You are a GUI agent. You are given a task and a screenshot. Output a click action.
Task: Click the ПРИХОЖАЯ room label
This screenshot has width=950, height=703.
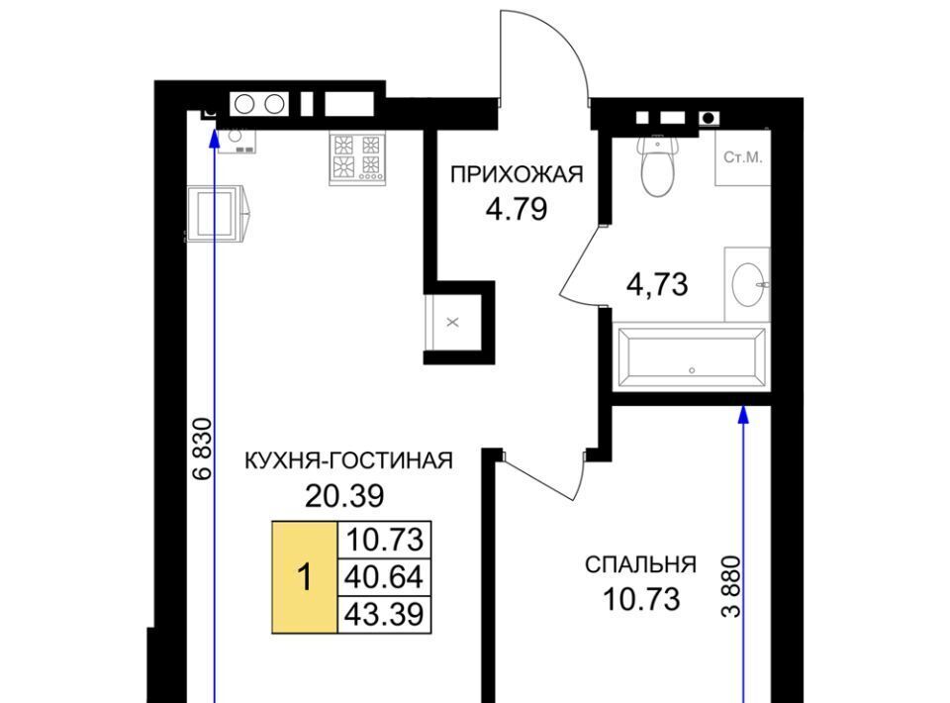[x=517, y=174]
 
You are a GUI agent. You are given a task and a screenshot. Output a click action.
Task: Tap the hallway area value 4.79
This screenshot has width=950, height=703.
[x=517, y=210]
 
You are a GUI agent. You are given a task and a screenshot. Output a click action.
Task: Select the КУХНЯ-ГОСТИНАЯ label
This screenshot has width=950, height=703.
[x=348, y=460]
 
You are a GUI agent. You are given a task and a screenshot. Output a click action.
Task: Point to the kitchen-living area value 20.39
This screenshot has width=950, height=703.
[x=344, y=496]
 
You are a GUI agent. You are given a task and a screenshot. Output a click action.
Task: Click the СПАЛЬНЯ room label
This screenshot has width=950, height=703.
[x=640, y=564]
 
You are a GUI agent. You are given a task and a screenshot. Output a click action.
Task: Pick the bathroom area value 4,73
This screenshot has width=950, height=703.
[x=657, y=284]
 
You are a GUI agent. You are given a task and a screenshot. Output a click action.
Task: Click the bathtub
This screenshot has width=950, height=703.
[x=691, y=357]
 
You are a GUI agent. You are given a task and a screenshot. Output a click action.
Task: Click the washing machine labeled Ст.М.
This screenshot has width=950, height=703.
[x=743, y=157]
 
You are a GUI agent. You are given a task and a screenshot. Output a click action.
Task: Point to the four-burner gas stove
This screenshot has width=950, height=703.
[x=357, y=159]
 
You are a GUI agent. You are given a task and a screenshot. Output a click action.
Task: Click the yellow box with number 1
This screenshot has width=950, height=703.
[x=305, y=577]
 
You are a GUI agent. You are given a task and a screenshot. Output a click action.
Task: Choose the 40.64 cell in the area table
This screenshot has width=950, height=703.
[x=384, y=577]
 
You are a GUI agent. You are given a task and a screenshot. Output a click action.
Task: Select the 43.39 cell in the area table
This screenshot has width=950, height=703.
[x=384, y=615]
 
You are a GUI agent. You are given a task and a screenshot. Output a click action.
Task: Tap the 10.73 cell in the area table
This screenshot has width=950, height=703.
[x=384, y=540]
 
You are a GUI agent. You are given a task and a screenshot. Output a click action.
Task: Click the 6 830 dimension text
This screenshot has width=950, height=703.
[x=203, y=449]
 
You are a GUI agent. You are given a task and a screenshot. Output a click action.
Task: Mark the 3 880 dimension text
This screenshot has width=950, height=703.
[x=731, y=586]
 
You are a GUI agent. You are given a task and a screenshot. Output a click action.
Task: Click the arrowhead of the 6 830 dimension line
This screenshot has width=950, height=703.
[x=214, y=139]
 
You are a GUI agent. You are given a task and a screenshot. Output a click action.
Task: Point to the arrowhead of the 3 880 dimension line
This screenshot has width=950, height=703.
[x=743, y=414]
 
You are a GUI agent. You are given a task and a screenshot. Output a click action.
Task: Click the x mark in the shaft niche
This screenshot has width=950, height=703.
[x=452, y=323]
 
